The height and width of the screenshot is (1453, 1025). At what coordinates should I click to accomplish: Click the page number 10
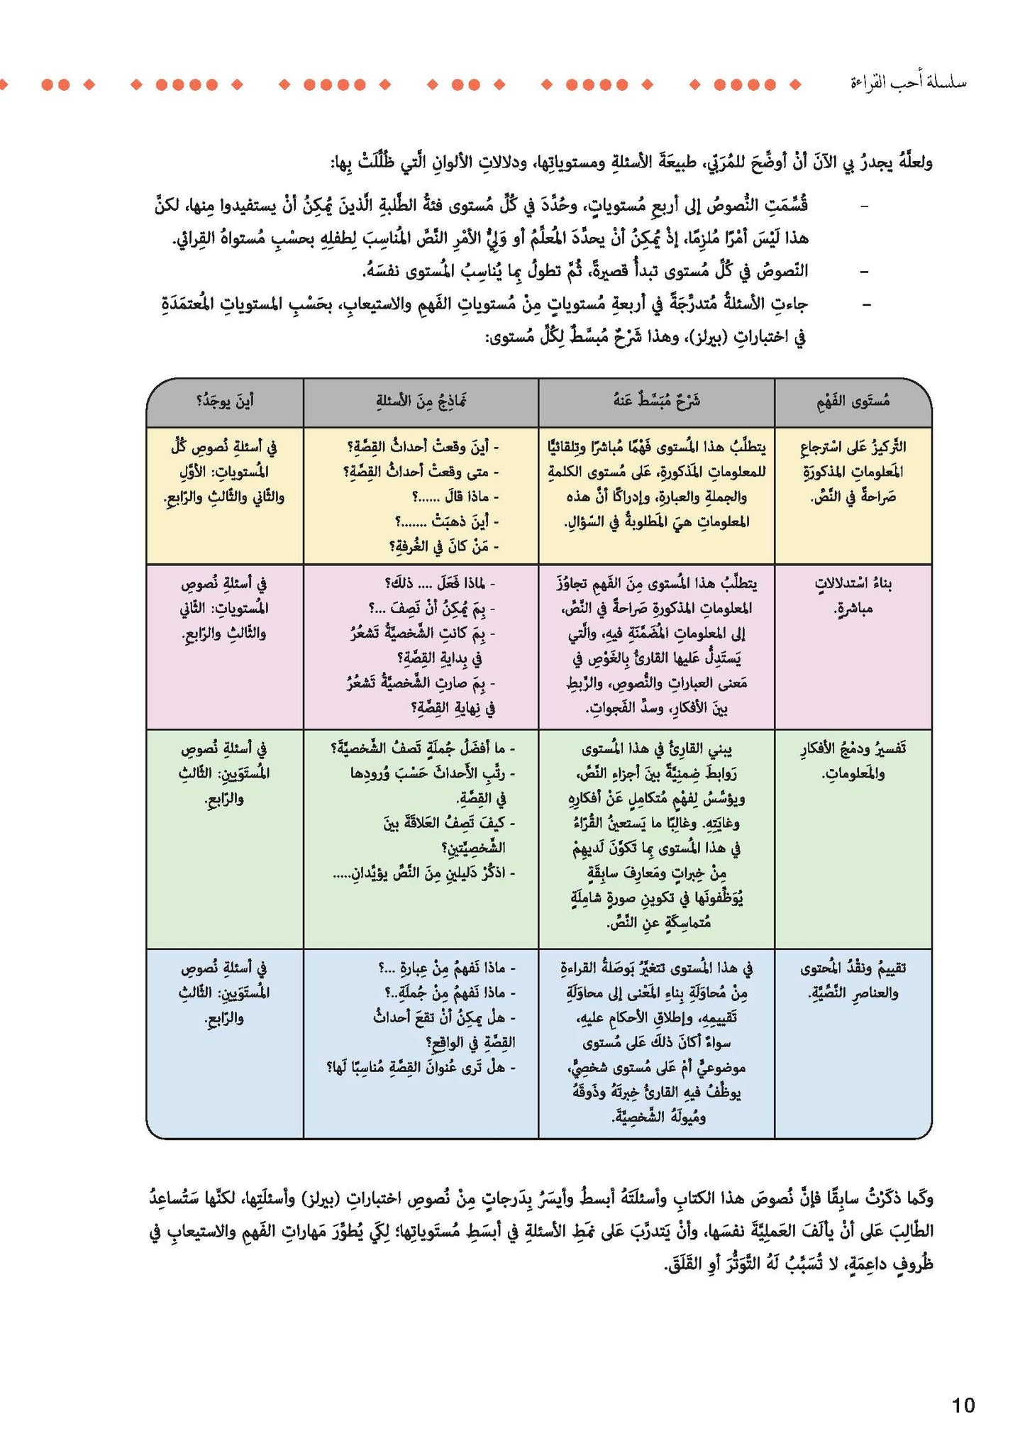pos(963,1405)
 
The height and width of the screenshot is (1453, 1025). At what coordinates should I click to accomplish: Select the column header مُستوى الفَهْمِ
pos(853,402)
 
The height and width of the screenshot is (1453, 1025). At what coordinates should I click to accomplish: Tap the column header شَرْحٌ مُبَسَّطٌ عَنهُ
pos(656,402)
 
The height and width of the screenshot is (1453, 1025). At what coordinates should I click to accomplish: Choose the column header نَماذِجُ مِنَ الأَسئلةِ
pos(421,402)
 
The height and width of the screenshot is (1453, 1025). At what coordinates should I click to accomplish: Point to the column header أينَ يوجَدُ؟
pos(225,402)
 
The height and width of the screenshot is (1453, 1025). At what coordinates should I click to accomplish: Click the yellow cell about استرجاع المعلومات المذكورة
pos(853,471)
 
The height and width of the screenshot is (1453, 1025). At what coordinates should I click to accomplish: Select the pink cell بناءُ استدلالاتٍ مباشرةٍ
pos(853,595)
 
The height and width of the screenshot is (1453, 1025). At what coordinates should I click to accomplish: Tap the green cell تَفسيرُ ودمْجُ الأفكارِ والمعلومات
pos(853,760)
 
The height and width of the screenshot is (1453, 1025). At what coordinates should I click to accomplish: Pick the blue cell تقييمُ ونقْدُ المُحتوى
pos(853,980)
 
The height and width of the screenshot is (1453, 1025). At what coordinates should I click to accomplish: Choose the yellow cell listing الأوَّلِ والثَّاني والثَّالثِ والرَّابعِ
pos(225,471)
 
